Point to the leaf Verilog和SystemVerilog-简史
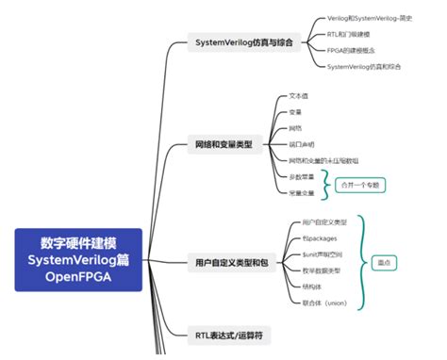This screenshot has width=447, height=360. (372, 17)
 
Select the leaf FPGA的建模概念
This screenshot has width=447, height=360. (354, 51)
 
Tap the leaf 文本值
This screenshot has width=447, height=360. (300, 96)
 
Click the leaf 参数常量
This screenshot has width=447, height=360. (303, 176)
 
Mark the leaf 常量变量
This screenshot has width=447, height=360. (303, 192)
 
